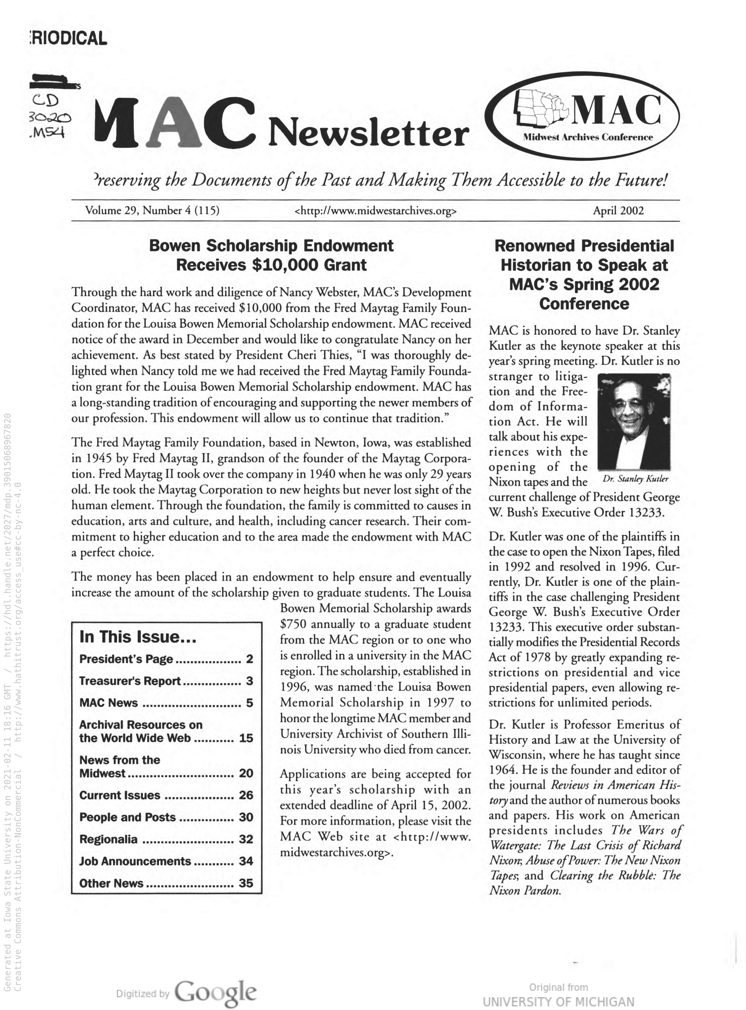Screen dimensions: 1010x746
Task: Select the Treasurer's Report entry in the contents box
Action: (130, 681)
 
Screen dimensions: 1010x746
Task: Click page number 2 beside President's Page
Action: (249, 659)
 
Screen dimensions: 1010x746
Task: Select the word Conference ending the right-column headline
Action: (584, 304)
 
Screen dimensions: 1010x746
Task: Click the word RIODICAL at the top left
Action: (68, 38)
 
